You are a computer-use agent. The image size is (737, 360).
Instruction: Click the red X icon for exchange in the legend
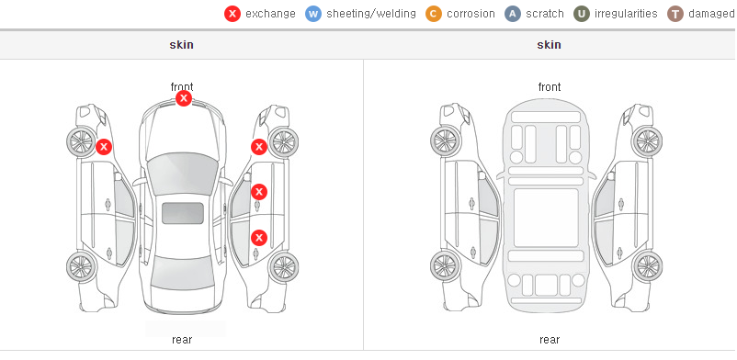tap(232, 14)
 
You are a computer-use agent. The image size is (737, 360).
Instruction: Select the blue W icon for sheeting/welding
tap(313, 14)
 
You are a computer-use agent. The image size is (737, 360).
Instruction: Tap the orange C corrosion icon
tap(434, 14)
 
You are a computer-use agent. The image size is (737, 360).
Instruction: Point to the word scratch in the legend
tap(545, 14)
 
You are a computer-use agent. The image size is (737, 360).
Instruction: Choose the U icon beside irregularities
tap(582, 14)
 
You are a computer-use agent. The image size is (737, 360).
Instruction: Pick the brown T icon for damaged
tap(675, 14)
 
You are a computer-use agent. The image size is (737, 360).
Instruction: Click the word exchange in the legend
tap(270, 14)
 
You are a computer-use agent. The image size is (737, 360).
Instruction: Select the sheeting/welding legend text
tap(371, 14)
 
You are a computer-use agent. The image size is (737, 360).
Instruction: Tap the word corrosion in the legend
tap(471, 14)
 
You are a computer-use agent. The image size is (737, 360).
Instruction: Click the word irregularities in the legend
tap(626, 14)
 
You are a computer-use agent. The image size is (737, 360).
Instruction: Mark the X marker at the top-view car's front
tap(184, 98)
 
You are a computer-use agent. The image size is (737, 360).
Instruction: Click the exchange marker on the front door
tap(259, 192)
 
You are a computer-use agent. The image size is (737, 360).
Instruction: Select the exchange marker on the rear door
tap(259, 238)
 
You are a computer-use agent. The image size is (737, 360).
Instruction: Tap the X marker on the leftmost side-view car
tap(104, 147)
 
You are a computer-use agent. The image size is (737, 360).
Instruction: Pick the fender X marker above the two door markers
tap(259, 147)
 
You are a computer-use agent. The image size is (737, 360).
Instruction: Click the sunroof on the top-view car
tap(183, 213)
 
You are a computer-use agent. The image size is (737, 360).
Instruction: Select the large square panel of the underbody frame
tap(546, 218)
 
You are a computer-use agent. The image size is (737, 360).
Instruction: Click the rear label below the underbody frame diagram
tap(550, 340)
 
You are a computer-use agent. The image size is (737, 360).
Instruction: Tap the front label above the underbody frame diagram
tap(550, 87)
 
